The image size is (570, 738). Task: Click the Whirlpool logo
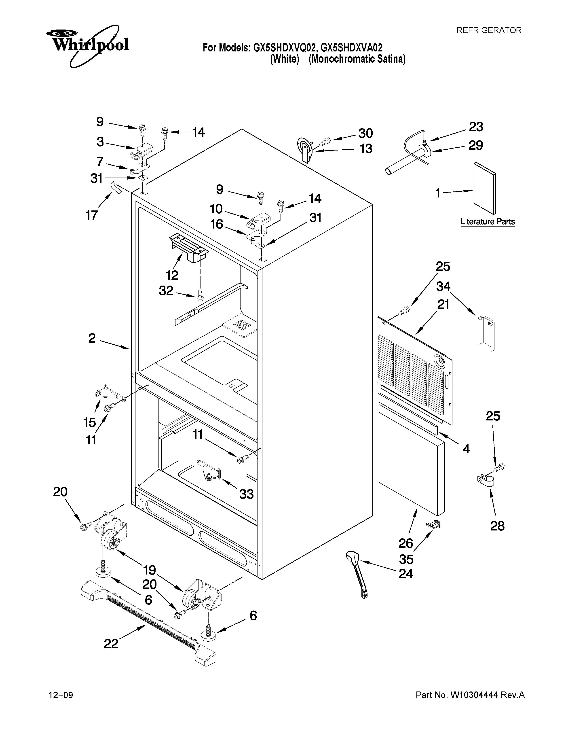point(87,46)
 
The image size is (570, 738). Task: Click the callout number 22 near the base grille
point(111,643)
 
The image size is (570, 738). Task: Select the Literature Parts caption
point(488,222)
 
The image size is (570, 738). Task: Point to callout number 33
point(247,494)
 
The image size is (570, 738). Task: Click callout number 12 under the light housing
point(172,275)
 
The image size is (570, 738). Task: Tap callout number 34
point(443,286)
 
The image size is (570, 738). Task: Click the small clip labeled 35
point(434,524)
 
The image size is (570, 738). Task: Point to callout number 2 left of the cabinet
point(92,338)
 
